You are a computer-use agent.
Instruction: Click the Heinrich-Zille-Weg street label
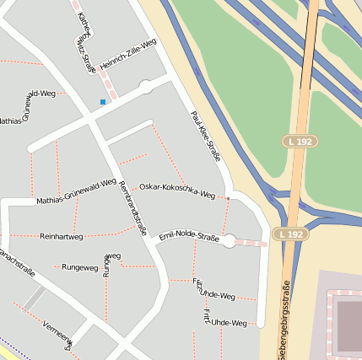click(128, 55)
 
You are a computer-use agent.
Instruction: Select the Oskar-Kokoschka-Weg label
click(177, 190)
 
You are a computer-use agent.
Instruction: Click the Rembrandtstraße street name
click(133, 207)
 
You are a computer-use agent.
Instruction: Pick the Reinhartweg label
click(62, 237)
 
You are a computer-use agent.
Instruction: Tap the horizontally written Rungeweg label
click(80, 267)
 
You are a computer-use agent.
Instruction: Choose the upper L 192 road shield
click(300, 142)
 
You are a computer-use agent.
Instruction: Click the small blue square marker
click(103, 102)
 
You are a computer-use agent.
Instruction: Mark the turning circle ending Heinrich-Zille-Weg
click(146, 86)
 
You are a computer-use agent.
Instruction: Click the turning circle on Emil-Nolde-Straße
click(228, 241)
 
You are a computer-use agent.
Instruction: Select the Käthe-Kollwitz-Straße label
click(86, 42)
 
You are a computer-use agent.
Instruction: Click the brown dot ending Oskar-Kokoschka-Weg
click(228, 199)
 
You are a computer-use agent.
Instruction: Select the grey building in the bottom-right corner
click(348, 325)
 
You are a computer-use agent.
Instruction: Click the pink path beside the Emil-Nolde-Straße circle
click(251, 243)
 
